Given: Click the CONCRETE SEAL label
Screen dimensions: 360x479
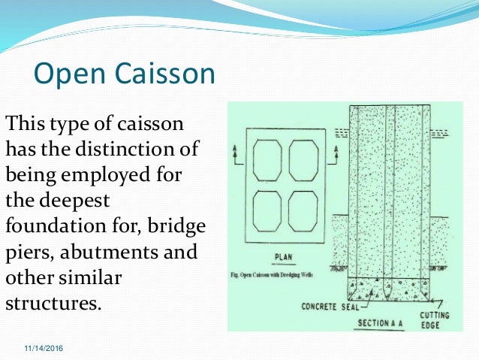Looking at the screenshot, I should pyautogui.click(x=328, y=307).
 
